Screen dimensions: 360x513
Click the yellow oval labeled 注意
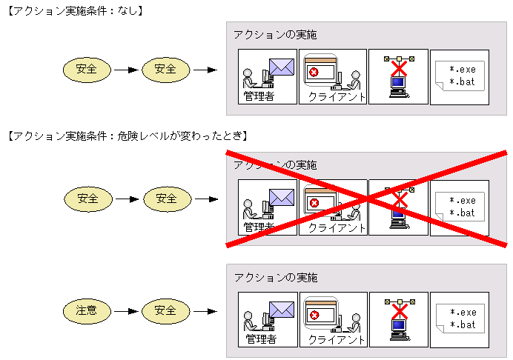pyautogui.click(x=87, y=310)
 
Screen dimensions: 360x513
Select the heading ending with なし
pyautogui.click(x=74, y=11)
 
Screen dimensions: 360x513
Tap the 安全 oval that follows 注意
pyautogui.click(x=165, y=310)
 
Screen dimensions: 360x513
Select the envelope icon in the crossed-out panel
pyautogui.click(x=282, y=197)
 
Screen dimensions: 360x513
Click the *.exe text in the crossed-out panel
pyautogui.click(x=463, y=200)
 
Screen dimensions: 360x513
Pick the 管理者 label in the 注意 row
pyautogui.click(x=261, y=339)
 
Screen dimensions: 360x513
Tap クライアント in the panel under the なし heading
pyautogui.click(x=337, y=96)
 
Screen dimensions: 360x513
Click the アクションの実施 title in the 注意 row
pyautogui.click(x=275, y=277)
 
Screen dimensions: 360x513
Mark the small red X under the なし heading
pyautogui.click(x=399, y=69)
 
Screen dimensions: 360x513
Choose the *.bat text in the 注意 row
pyautogui.click(x=463, y=324)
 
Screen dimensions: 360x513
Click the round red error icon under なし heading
pyautogui.click(x=314, y=72)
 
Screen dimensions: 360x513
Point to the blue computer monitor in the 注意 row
pyautogui.click(x=399, y=324)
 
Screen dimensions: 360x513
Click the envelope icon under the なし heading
pyautogui.click(x=282, y=67)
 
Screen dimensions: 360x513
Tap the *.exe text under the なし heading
pyautogui.click(x=463, y=70)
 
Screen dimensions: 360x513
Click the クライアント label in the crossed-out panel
pyautogui.click(x=337, y=227)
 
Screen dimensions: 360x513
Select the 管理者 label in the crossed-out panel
pyautogui.click(x=259, y=227)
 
